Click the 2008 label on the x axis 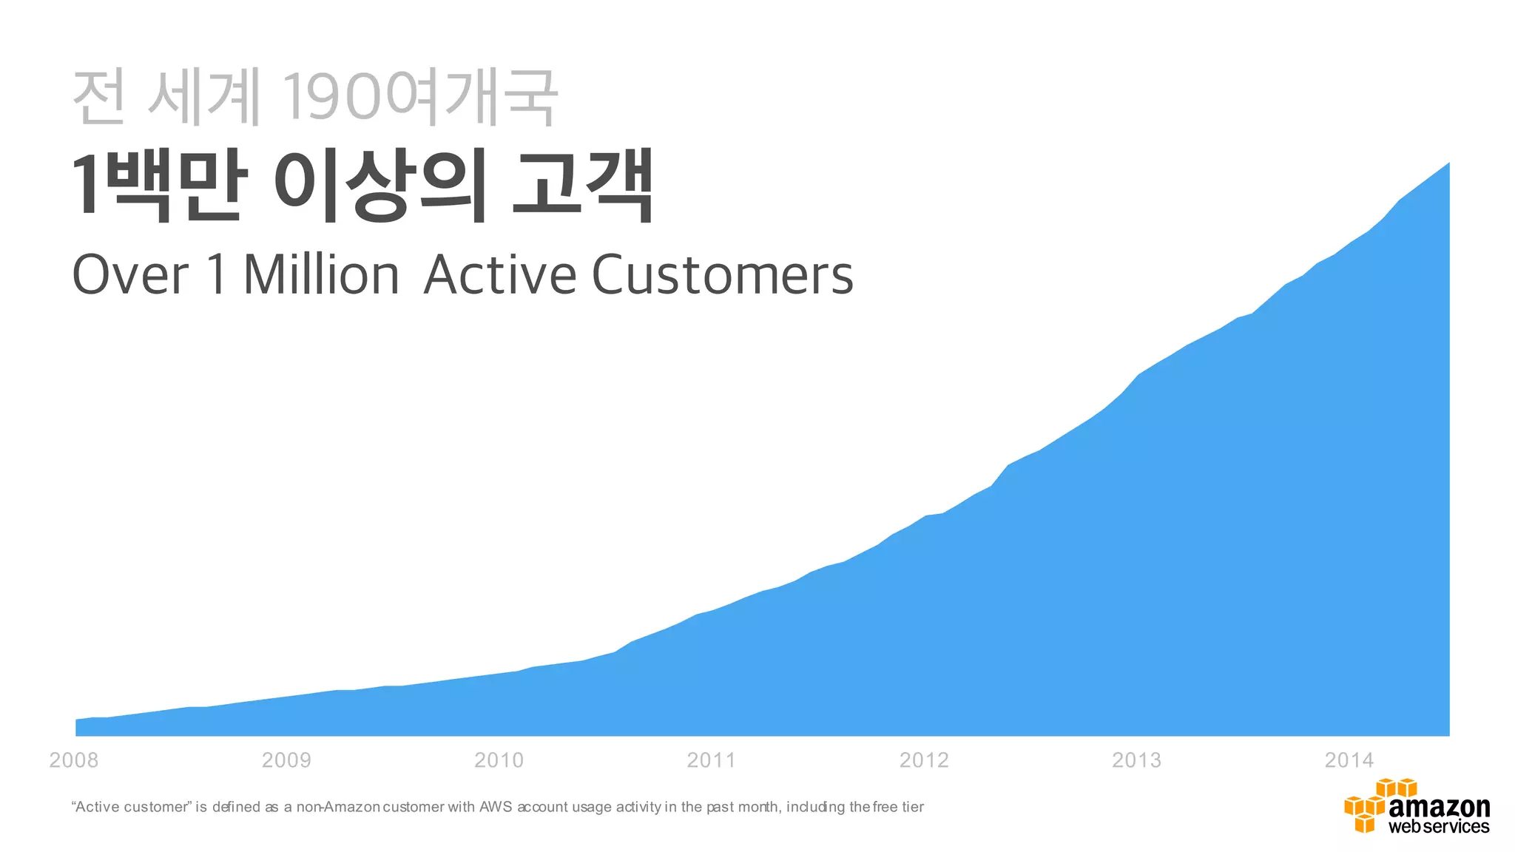(73, 760)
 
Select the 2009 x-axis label (286, 760)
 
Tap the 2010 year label (499, 760)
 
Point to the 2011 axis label (711, 760)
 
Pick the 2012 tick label (924, 760)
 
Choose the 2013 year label (1136, 760)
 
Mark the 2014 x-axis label (1349, 760)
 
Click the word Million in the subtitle (321, 275)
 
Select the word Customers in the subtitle (722, 275)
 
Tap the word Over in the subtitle (130, 275)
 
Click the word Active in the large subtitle (500, 275)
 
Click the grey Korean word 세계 (205, 97)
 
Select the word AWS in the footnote (496, 807)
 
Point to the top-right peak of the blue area (1448, 163)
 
